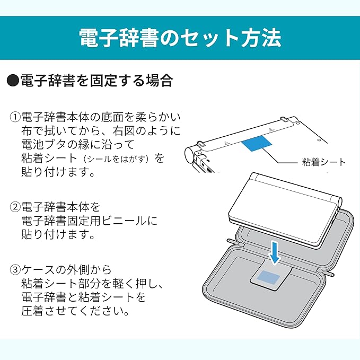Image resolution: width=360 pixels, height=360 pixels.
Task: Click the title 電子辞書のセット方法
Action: tap(180, 38)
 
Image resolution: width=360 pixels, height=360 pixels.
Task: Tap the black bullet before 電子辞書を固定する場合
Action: tap(13, 81)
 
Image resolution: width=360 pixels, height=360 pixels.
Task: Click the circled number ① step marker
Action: tap(15, 117)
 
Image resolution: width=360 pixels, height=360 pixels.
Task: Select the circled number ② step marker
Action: tap(15, 207)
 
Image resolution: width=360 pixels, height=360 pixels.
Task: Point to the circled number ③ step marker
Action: tap(15, 270)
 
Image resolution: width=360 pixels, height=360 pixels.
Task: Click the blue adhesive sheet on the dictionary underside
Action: tap(257, 144)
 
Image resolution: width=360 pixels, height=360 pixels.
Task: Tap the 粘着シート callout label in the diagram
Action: tap(324, 162)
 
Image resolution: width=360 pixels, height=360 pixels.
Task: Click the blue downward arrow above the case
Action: tap(275, 253)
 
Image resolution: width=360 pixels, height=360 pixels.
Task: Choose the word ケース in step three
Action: tap(38, 270)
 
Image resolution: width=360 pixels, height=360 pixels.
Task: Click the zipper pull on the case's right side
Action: tap(330, 273)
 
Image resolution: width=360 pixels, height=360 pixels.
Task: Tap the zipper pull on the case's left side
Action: tap(232, 242)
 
